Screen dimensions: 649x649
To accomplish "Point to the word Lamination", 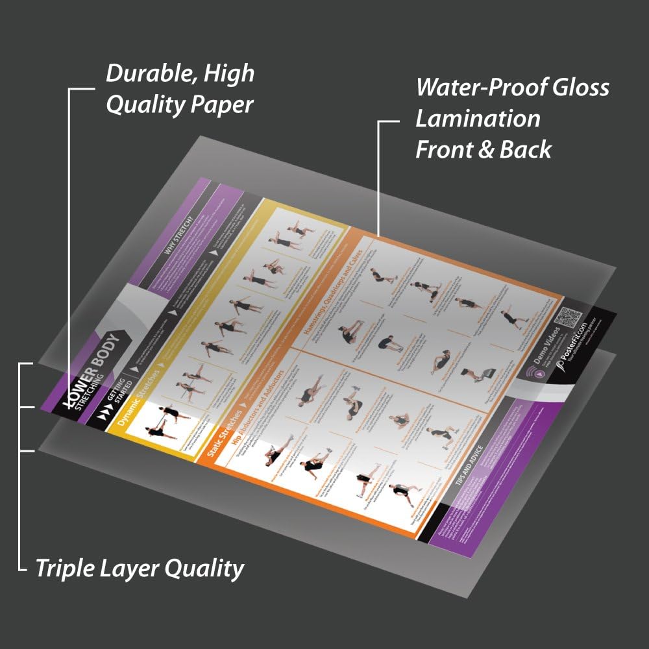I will tap(478, 118).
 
